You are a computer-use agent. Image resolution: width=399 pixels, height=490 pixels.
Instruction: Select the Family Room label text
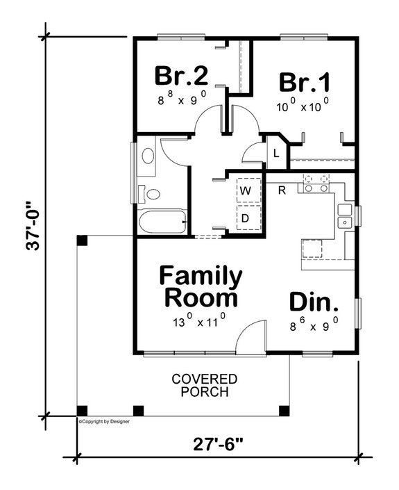(201, 287)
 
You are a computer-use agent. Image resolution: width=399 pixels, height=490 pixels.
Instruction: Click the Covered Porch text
(205, 385)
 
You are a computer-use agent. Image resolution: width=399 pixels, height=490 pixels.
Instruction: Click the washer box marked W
(246, 189)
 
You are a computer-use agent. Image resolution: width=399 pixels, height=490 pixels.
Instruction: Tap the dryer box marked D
(246, 219)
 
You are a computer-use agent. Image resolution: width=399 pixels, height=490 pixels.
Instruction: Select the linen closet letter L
(275, 154)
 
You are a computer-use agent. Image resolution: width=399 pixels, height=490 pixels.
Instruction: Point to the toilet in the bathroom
(150, 194)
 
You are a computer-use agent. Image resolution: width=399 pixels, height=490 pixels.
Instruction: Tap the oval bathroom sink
(148, 156)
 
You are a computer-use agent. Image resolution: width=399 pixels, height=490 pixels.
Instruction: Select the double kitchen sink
(345, 215)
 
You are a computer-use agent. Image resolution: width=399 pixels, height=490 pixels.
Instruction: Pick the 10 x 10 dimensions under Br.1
(303, 106)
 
